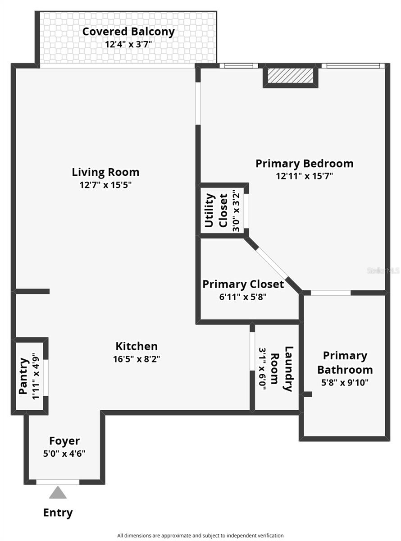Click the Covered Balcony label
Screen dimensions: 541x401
[128, 32]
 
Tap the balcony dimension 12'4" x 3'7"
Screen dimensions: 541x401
[128, 44]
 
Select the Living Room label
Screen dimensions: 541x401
[105, 172]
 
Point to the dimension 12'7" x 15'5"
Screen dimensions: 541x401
[105, 184]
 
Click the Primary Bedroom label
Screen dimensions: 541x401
[304, 163]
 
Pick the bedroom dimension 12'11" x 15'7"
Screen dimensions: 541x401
[304, 176]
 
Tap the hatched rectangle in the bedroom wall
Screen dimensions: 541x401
[290, 76]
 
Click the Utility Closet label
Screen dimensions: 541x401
[217, 211]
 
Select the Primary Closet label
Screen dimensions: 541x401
[243, 284]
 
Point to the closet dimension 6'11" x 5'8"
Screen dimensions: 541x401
[243, 297]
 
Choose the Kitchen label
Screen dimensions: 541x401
[137, 346]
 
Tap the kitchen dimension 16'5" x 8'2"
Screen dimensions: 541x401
[137, 359]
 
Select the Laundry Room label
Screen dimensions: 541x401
[282, 369]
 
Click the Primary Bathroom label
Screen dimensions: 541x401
[345, 363]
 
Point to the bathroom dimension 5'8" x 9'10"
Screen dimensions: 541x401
[345, 382]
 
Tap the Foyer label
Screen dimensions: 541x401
[64, 441]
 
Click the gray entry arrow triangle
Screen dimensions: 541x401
[58, 493]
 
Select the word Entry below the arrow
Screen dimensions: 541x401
[58, 513]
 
